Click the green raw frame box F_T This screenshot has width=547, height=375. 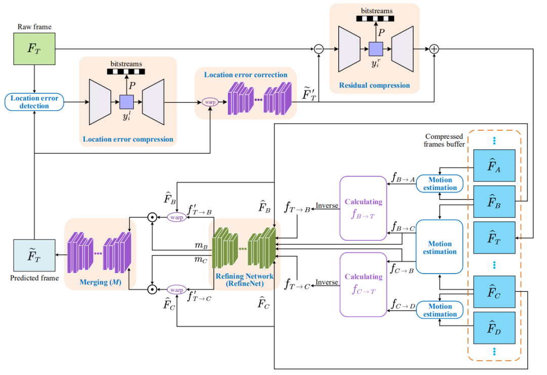pos(34,49)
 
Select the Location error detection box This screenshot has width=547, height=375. pos(34,102)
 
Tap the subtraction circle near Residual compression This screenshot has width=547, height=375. pos(319,49)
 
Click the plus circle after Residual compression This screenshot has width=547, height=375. pos(434,49)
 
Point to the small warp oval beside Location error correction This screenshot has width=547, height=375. pos(209,101)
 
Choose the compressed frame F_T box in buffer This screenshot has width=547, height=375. pos(494,237)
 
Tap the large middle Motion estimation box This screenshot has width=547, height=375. pos(440,247)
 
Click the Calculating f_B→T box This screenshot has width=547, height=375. pos(363,208)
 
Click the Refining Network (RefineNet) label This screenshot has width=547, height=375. pos(245,280)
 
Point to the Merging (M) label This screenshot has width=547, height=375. pos(99,282)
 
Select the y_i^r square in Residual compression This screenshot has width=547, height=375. pos(375,49)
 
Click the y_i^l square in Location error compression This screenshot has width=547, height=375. pos(126,101)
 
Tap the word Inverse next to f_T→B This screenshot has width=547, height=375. pos(327,206)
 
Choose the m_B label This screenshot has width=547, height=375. pos(201,246)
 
